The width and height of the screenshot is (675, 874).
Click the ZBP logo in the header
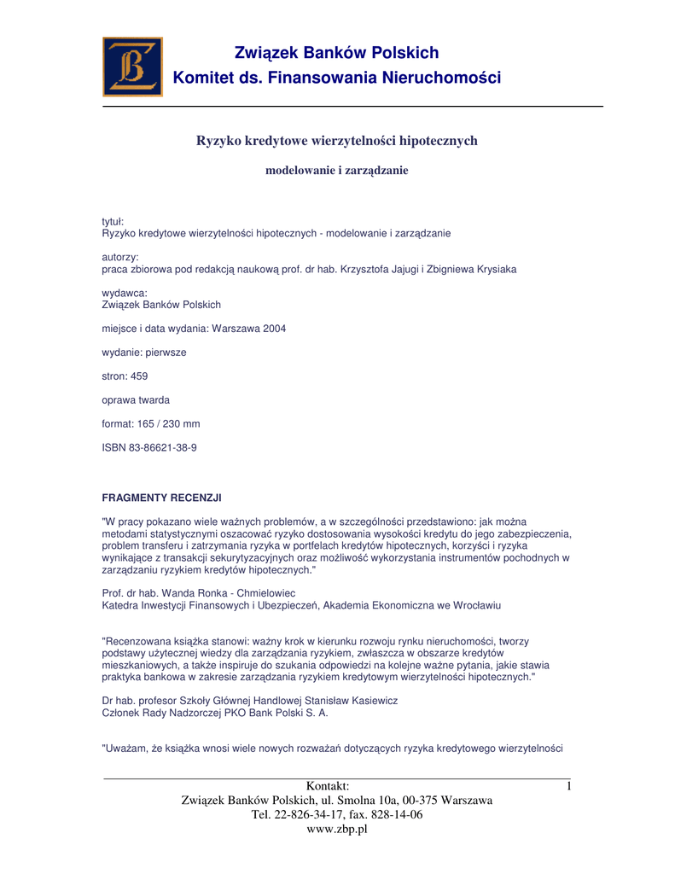pos(132,67)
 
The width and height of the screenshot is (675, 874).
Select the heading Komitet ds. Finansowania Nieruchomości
pos(337,79)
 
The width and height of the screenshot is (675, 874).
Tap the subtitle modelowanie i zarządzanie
pos(337,171)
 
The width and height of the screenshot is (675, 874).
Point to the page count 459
pos(140,376)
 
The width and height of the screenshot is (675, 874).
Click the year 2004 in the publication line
pos(271,328)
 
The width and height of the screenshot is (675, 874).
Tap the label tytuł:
pos(113,222)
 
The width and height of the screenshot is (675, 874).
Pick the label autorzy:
pos(120,257)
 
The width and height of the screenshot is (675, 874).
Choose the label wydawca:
pos(125,293)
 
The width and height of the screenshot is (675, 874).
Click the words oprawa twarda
pos(136,399)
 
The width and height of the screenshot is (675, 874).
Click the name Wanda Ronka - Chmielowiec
pos(227,593)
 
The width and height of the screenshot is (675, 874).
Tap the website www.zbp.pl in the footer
pos(337,829)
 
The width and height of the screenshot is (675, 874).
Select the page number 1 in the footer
pos(567,786)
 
